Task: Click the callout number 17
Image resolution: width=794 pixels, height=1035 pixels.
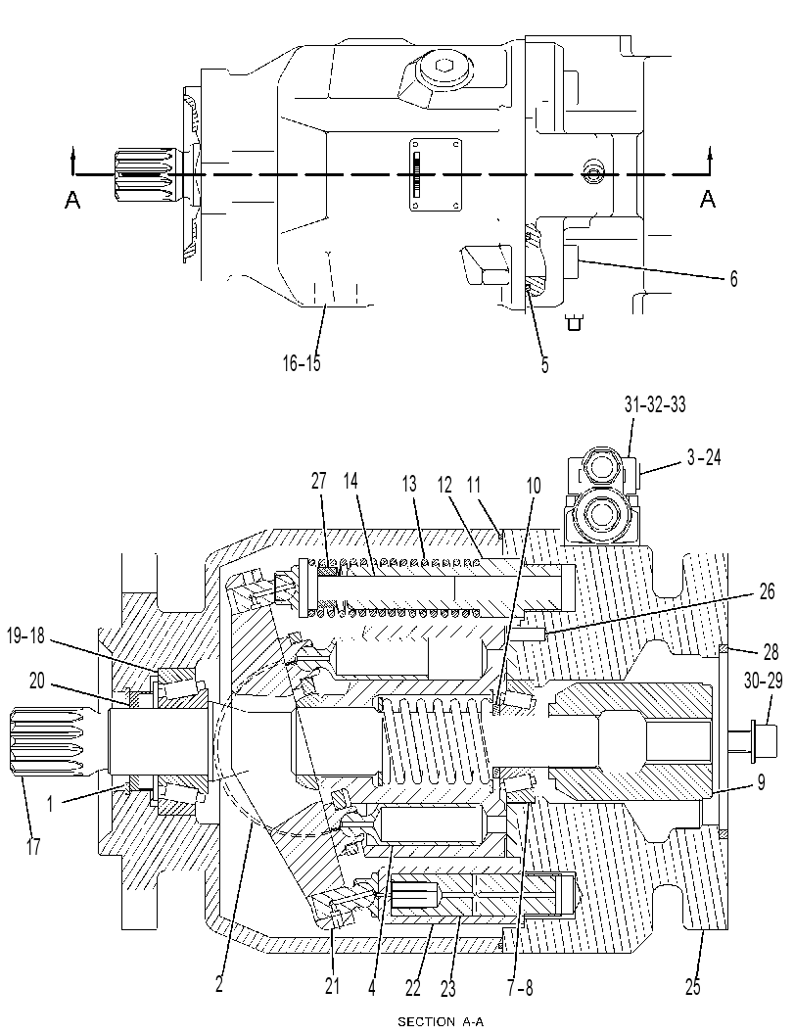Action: pos(33,846)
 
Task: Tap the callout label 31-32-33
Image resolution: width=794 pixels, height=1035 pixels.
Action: pos(655,404)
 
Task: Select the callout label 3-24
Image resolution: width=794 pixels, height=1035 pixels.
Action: pos(704,457)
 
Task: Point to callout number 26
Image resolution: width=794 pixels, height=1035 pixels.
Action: pos(767,591)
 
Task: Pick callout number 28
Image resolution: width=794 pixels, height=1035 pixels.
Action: pos(771,653)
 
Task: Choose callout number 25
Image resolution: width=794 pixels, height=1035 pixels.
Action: pos(692,987)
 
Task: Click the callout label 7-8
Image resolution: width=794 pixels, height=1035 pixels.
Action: pos(520,987)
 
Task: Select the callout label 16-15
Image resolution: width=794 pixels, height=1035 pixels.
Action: pos(302,362)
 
